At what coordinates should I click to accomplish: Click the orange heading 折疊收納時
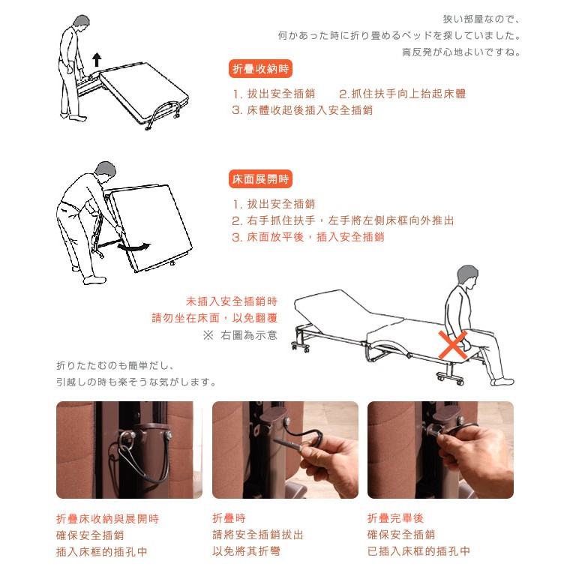coord(260,69)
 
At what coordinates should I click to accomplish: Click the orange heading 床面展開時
coord(260,178)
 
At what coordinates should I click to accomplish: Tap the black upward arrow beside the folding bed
coord(97,59)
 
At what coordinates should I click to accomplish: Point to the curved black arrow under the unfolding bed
coord(133,247)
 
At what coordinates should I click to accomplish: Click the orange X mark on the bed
coord(452,344)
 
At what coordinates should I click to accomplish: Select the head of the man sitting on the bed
coord(467,277)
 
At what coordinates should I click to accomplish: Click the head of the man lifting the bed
coord(82,25)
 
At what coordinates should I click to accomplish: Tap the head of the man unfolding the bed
coord(106,172)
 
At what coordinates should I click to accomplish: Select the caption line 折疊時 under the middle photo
coord(229,518)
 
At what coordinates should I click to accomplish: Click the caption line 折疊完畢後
coord(395,518)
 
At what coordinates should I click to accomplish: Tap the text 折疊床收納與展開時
coord(107,519)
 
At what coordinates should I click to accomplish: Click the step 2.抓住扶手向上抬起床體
coord(403,94)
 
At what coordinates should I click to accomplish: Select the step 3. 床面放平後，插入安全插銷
coord(308,237)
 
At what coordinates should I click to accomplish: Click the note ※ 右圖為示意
coord(240,334)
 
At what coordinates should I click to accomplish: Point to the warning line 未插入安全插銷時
coord(232,301)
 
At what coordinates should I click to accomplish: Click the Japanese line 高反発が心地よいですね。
coord(462,52)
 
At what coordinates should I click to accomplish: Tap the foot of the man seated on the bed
coord(502,382)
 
